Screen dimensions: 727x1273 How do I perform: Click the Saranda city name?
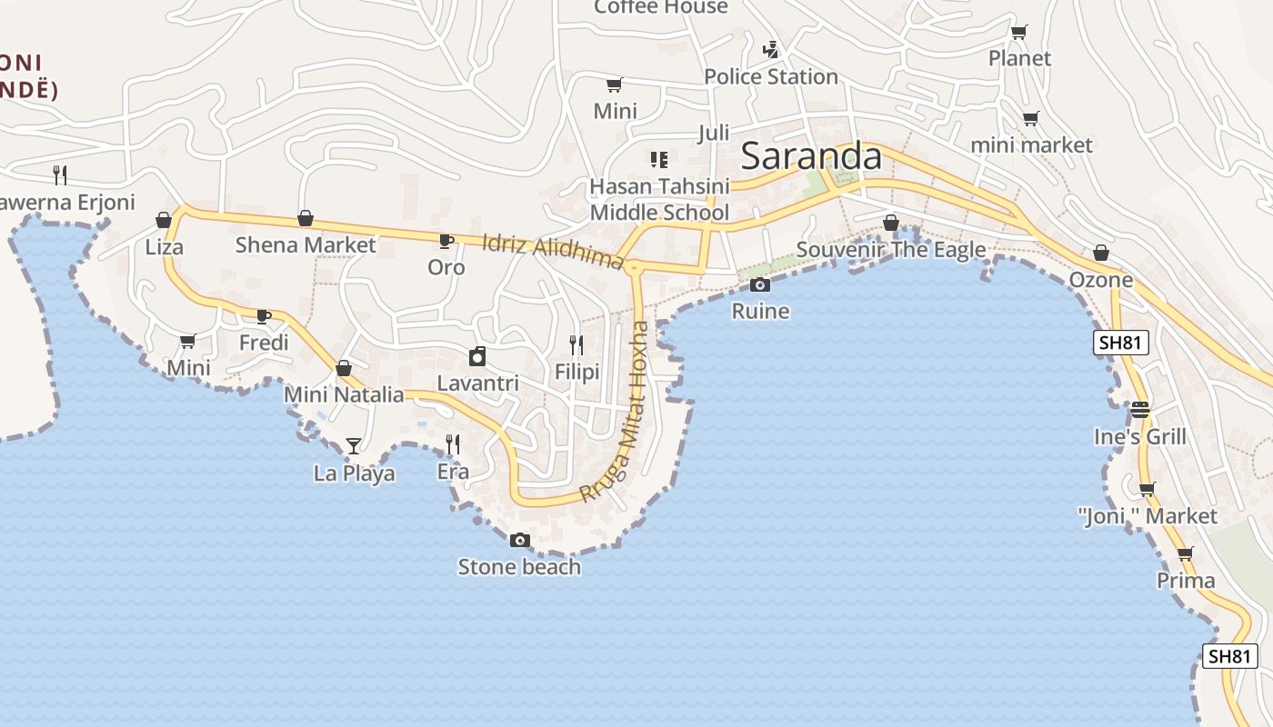[811, 157]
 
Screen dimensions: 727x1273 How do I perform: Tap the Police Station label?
[771, 76]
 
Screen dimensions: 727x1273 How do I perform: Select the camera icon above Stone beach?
[519, 541]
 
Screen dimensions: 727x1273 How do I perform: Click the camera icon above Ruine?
[760, 285]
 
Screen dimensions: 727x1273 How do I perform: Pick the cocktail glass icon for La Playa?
[354, 445]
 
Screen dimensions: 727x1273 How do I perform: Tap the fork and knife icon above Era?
[453, 443]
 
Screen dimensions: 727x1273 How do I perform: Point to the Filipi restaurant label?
[577, 372]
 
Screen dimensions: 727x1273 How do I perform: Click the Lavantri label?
[478, 383]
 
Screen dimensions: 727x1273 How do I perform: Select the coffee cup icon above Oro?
[446, 241]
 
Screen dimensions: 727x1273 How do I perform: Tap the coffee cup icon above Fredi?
[264, 316]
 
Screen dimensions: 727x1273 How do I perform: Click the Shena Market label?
[306, 244]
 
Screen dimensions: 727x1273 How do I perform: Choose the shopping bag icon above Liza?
[164, 220]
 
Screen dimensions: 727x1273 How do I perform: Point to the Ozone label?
[1101, 279]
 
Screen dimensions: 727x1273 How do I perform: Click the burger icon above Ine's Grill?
[1140, 410]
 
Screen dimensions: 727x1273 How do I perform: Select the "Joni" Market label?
[1148, 516]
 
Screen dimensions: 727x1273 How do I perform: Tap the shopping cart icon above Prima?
[1185, 553]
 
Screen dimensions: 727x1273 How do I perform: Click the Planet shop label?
[1019, 58]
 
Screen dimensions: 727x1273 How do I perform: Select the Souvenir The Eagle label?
[891, 250]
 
